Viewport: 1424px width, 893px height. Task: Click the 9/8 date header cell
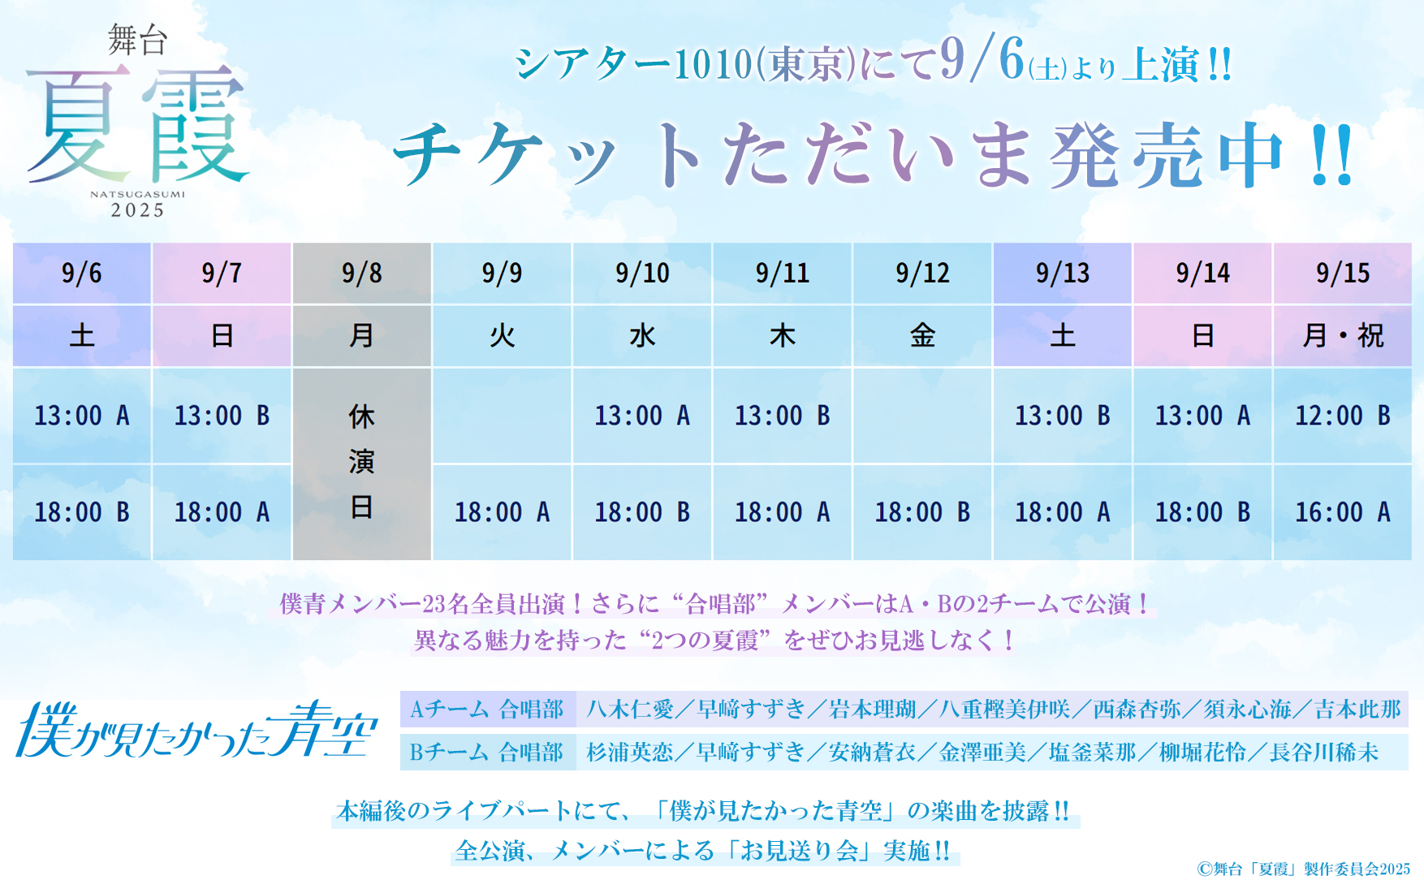pyautogui.click(x=362, y=274)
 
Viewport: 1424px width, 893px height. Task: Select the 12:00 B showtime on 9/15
pyautogui.click(x=1343, y=416)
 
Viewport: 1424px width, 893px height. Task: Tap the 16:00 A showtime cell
pyautogui.click(x=1343, y=512)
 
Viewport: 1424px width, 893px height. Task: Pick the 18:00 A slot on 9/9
pyautogui.click(x=503, y=512)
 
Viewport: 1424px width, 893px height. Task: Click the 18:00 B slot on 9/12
pyautogui.click(x=922, y=512)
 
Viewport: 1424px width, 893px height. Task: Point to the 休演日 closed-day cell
pyautogui.click(x=362, y=464)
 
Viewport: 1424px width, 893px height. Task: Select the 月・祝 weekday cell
pyautogui.click(x=1343, y=335)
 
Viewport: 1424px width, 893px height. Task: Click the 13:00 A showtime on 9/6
pyautogui.click(x=82, y=416)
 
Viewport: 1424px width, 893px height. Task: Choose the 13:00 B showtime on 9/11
pyautogui.click(x=783, y=416)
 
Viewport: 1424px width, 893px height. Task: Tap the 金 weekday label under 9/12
pyautogui.click(x=922, y=335)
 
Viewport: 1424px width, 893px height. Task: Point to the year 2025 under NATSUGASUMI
pyautogui.click(x=138, y=211)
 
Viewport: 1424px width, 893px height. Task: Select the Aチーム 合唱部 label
pyautogui.click(x=487, y=710)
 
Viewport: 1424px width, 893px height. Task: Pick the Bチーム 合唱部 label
pyautogui.click(x=487, y=753)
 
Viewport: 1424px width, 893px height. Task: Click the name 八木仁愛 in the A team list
pyautogui.click(x=630, y=710)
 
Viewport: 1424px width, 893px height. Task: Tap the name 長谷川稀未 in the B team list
pyautogui.click(x=1324, y=753)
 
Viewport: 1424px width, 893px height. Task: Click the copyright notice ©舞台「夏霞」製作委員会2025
pyautogui.click(x=1303, y=869)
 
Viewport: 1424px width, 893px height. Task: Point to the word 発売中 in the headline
pyautogui.click(x=1167, y=156)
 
